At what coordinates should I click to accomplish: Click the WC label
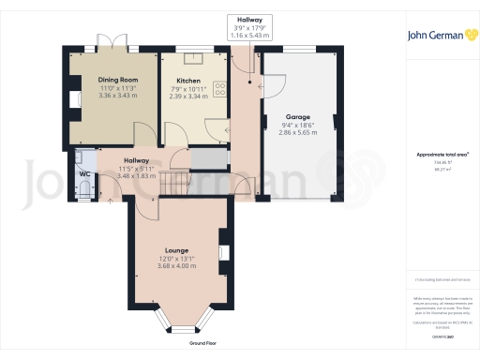point(84,174)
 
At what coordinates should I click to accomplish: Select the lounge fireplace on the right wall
point(222,252)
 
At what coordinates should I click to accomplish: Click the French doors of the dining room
point(113,45)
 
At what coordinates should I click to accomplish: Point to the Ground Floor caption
point(203,344)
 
